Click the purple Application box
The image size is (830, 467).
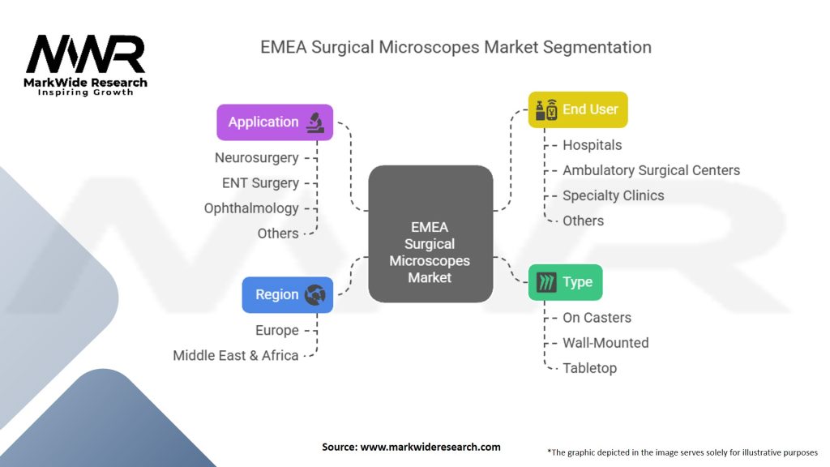[x=275, y=122]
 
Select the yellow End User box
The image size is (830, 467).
[x=578, y=109]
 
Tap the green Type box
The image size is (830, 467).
[x=565, y=282]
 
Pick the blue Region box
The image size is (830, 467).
[x=288, y=295]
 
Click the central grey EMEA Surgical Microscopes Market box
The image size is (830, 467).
[x=430, y=234]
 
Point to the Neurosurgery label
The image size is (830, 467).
[x=257, y=158]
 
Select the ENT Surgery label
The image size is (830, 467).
[x=260, y=183]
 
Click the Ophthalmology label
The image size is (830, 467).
[x=251, y=208]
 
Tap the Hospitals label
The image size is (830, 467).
[x=592, y=145]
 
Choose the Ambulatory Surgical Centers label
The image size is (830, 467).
[x=651, y=170]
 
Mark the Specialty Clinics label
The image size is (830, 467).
[x=613, y=196]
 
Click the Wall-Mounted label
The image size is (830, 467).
[x=605, y=343]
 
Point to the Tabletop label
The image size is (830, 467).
[x=590, y=369]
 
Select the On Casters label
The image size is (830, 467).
[x=597, y=318]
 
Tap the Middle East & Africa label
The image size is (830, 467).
[x=236, y=356]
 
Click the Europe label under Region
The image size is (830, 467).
[x=277, y=331]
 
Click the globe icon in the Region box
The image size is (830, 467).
[x=315, y=295]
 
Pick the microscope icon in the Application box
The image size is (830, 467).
[x=315, y=122]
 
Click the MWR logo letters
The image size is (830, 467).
[x=85, y=54]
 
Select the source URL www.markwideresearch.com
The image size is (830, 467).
[x=430, y=447]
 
